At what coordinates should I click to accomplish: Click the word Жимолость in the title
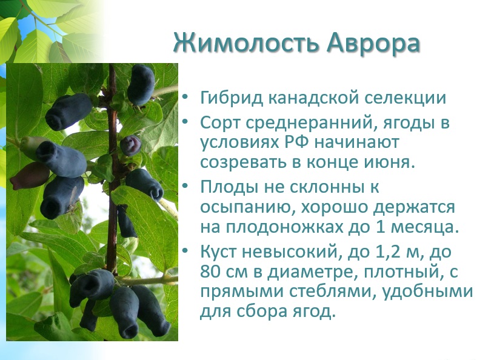pos(247,43)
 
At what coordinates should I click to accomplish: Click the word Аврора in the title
pos(373,43)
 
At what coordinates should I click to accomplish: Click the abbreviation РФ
pos(296,142)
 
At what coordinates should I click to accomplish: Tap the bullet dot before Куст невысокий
pos(185,251)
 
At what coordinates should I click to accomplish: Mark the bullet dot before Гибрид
pos(185,96)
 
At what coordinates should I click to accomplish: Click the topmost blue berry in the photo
pos(141,84)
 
